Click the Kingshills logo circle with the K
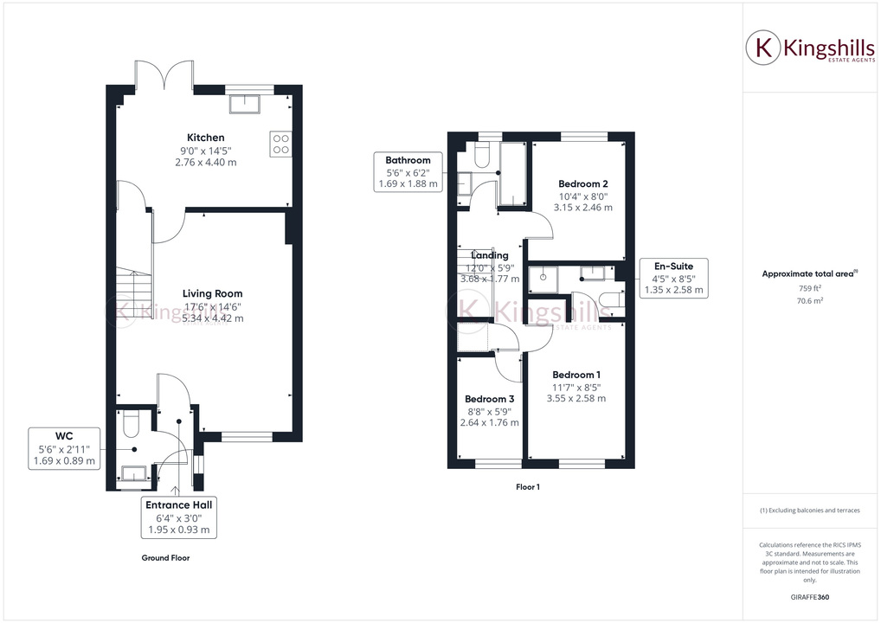764,48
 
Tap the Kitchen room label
206,138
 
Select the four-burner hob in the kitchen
280,143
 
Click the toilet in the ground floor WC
132,424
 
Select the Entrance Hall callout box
178,517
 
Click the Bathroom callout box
408,171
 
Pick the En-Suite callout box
674,278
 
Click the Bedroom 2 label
582,183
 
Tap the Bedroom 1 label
576,375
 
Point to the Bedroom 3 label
489,399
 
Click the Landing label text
489,255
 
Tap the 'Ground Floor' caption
165,558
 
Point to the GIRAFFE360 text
808,597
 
